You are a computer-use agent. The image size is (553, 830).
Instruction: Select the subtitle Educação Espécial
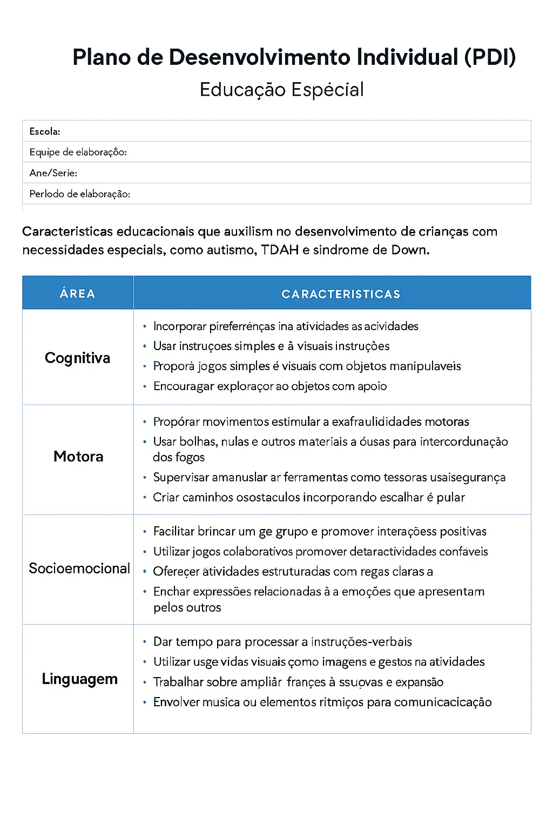(281, 90)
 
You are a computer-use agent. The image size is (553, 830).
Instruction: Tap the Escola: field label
(45, 131)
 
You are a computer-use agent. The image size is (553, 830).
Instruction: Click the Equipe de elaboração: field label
(78, 152)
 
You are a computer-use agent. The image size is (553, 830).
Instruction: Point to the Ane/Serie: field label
(53, 173)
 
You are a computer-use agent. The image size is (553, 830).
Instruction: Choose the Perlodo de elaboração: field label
(79, 194)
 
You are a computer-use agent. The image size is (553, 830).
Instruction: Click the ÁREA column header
(77, 293)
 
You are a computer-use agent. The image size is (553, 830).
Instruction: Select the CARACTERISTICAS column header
(341, 294)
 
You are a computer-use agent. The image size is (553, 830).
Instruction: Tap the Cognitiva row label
(77, 358)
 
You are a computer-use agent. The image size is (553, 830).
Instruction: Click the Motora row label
(78, 457)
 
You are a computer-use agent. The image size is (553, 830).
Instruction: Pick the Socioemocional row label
(79, 568)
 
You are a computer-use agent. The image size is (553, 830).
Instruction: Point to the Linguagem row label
(79, 679)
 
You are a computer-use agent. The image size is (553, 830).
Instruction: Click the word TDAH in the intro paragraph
(280, 250)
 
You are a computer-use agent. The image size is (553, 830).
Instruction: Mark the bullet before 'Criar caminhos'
(145, 497)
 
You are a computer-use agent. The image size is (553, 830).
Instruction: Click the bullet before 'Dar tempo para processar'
(145, 642)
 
